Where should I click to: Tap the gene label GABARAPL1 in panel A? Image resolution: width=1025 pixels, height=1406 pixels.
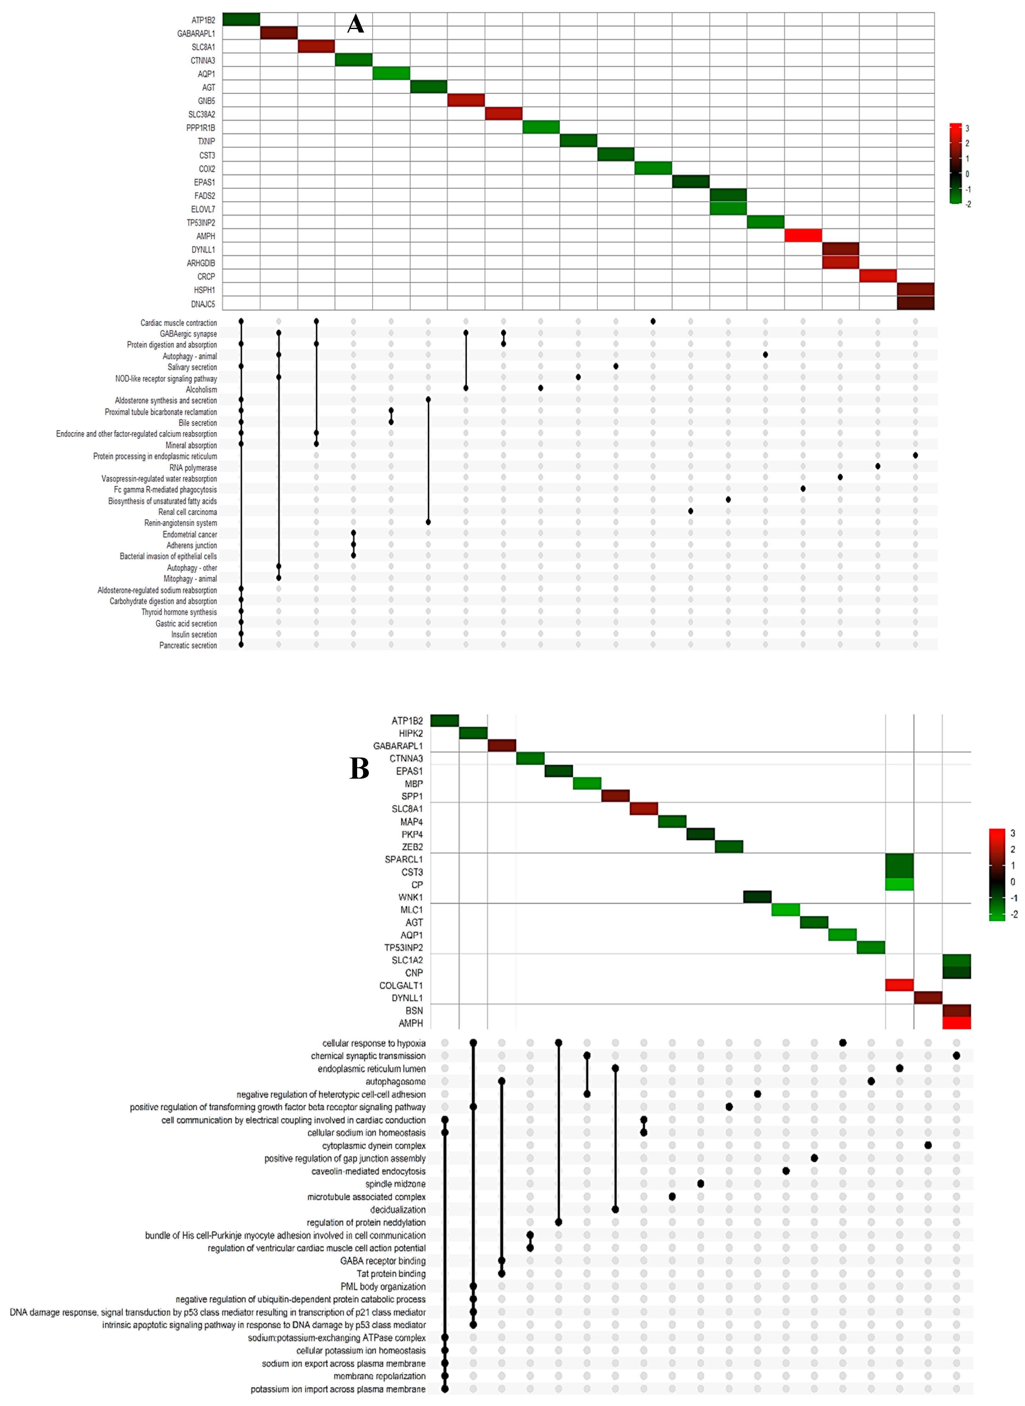[196, 33]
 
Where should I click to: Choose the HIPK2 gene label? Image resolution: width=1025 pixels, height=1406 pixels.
[411, 733]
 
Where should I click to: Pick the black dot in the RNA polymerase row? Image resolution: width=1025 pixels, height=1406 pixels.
[877, 466]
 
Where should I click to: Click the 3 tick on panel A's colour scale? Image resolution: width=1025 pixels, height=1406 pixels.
[967, 129]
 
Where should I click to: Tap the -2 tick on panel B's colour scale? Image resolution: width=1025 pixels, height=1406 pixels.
[1013, 914]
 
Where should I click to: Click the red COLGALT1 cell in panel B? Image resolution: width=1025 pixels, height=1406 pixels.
[899, 985]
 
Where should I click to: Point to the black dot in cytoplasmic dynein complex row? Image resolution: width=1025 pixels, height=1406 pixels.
[928, 1145]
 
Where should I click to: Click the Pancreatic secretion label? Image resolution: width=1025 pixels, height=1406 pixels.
[188, 646]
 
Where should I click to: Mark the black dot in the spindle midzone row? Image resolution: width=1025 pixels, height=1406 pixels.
[700, 1184]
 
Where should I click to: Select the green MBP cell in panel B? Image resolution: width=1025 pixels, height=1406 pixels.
[587, 783]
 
